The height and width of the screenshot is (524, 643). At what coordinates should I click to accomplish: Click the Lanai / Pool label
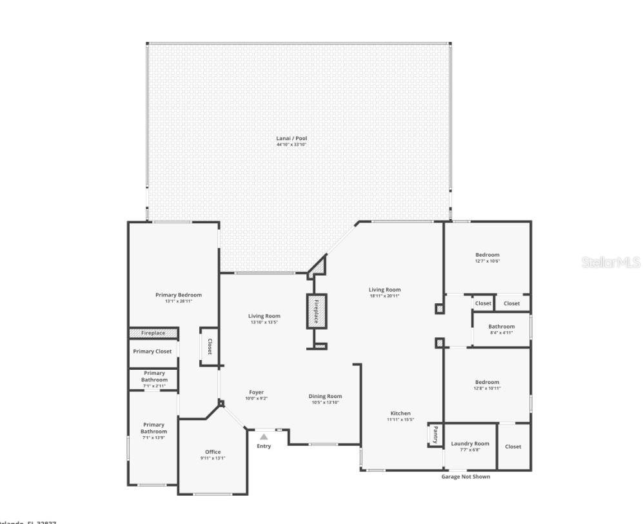pyautogui.click(x=291, y=138)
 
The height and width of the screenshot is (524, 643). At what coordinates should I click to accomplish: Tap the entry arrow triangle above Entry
pyautogui.click(x=263, y=437)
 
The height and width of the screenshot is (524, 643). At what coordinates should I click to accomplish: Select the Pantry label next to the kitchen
pyautogui.click(x=436, y=434)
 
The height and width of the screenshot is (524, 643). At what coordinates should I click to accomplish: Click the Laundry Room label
pyautogui.click(x=470, y=443)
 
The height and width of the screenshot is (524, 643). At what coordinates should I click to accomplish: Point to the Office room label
pyautogui.click(x=213, y=452)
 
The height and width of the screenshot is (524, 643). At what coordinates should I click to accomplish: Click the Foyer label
pyautogui.click(x=256, y=392)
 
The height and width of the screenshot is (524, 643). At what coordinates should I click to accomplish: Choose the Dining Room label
pyautogui.click(x=325, y=396)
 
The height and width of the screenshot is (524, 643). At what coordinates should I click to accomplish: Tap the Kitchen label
pyautogui.click(x=400, y=414)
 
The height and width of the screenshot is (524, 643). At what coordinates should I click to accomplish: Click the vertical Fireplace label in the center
pyautogui.click(x=316, y=311)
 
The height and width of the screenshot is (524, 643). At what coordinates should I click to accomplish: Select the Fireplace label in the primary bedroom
pyautogui.click(x=153, y=333)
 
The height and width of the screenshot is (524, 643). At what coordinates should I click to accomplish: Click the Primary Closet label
pyautogui.click(x=152, y=351)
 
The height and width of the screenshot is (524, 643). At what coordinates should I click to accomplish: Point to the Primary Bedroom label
pyautogui.click(x=179, y=295)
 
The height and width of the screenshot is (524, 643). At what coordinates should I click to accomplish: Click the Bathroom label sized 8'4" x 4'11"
pyautogui.click(x=501, y=327)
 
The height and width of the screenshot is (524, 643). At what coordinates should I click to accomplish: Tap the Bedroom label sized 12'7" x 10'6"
pyautogui.click(x=487, y=255)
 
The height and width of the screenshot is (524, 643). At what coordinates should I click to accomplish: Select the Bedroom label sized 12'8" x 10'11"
pyautogui.click(x=487, y=382)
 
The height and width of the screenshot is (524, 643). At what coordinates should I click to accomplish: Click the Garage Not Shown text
pyautogui.click(x=465, y=477)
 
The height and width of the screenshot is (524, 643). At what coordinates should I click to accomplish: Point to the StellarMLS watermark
pyautogui.click(x=610, y=263)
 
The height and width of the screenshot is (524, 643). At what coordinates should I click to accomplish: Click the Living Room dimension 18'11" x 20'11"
pyautogui.click(x=384, y=296)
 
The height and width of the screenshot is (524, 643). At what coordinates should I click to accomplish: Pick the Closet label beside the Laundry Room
pyautogui.click(x=513, y=447)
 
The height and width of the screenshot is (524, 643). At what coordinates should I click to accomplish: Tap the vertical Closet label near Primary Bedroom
pyautogui.click(x=209, y=347)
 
